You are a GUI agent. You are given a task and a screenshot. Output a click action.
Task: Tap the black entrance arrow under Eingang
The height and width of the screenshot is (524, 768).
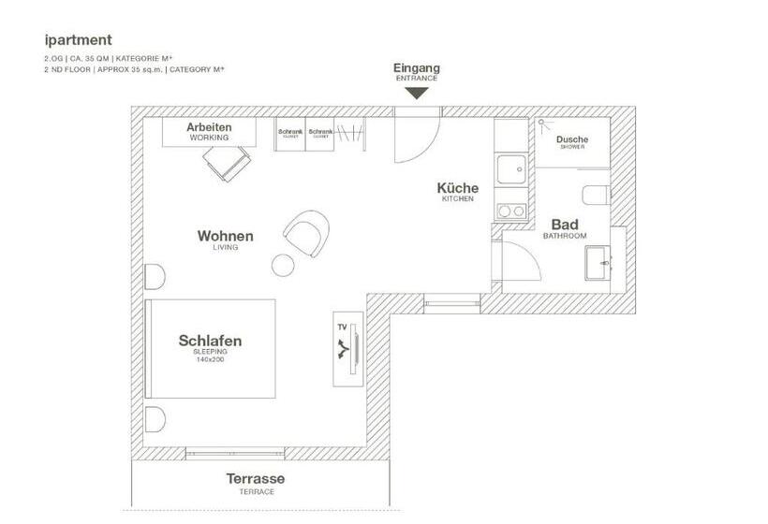(x=417, y=92)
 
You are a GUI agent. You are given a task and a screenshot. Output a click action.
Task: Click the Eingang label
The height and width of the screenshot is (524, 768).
(x=417, y=68)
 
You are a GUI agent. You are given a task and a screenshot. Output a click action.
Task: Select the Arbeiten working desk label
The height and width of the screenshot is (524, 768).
(x=209, y=130)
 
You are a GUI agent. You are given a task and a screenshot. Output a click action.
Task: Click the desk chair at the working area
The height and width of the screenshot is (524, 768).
(x=228, y=166)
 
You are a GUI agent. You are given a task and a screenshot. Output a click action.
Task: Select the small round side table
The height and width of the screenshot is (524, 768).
(x=283, y=264)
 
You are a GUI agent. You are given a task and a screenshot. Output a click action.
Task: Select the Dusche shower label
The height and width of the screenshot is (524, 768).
(x=572, y=141)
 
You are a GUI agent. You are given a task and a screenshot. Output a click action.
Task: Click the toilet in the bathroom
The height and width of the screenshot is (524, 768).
(x=596, y=196)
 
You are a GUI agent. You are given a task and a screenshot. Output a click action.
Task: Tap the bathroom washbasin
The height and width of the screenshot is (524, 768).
(x=597, y=266)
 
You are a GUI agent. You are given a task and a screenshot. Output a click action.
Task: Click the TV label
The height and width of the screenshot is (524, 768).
(x=342, y=327)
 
